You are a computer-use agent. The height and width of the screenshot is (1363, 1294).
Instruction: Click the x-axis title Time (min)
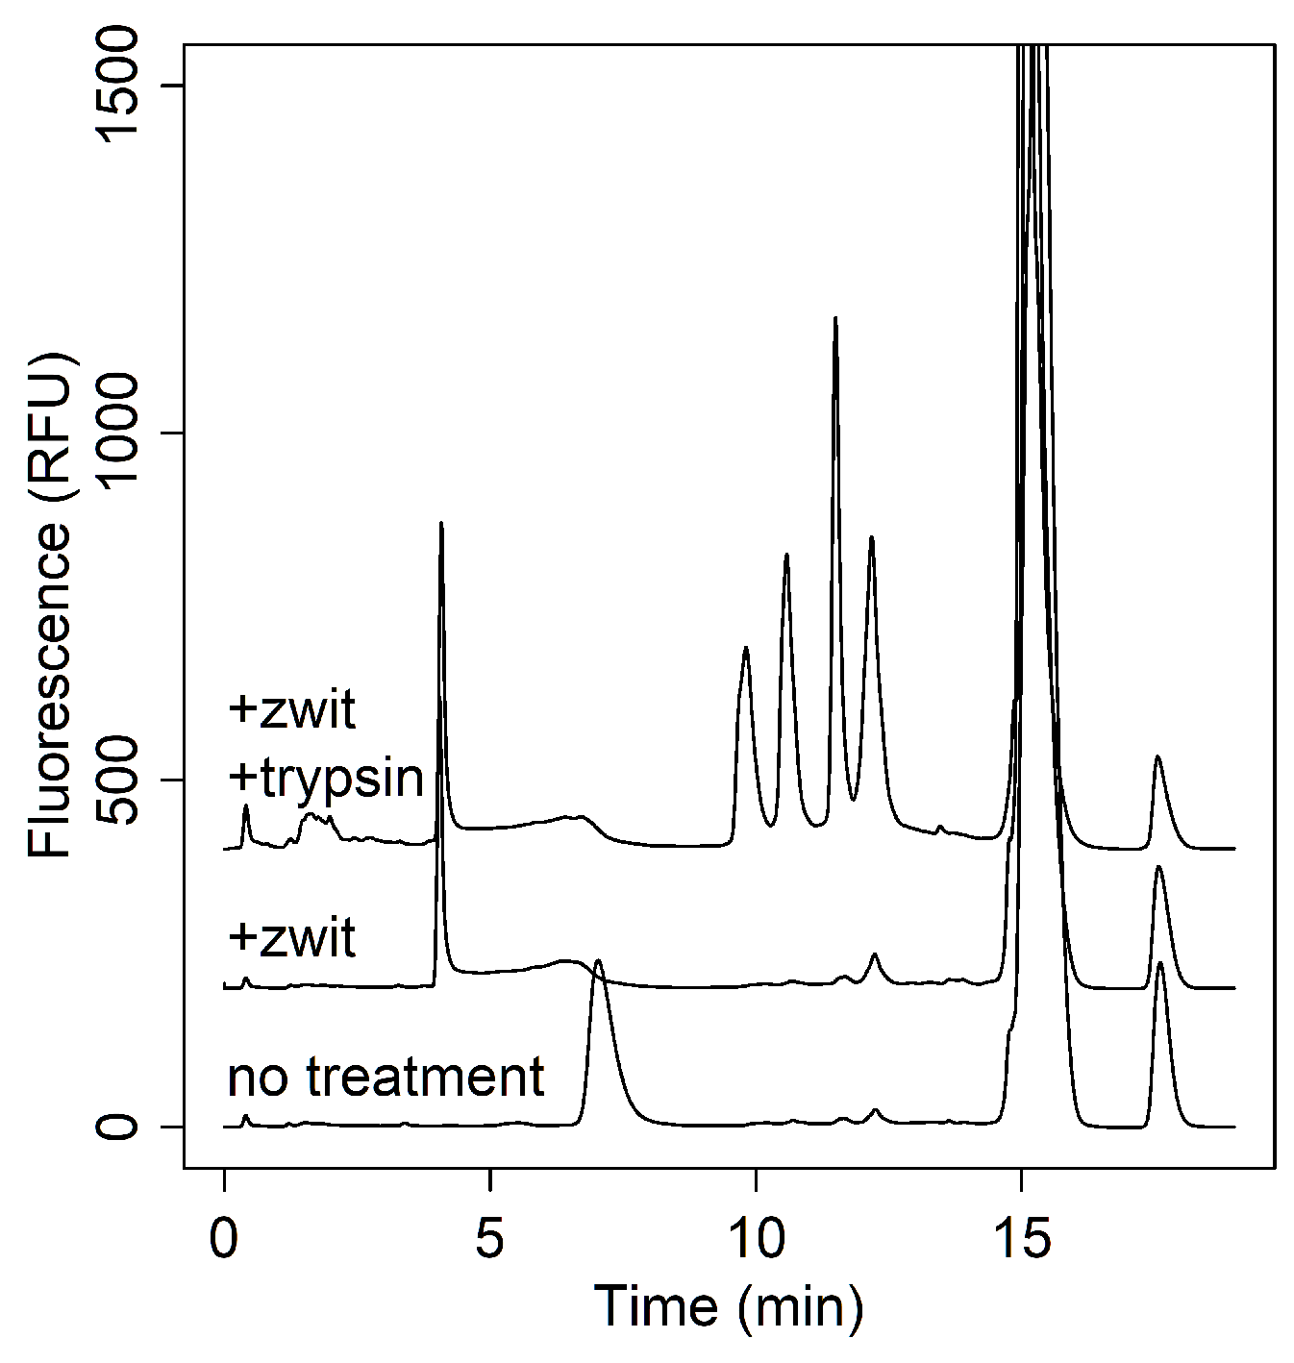click(x=728, y=1306)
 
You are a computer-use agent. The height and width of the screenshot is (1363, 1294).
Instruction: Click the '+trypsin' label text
click(x=327, y=779)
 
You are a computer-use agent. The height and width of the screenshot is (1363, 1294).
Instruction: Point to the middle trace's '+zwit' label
click(x=293, y=937)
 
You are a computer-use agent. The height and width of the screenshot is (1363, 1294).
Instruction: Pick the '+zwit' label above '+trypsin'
click(x=293, y=711)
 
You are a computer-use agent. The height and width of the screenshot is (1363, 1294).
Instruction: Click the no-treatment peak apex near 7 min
click(x=598, y=960)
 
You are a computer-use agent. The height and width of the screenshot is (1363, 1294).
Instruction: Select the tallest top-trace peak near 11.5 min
click(x=835, y=317)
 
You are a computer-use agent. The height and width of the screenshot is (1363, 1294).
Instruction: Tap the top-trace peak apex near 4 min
click(x=440, y=523)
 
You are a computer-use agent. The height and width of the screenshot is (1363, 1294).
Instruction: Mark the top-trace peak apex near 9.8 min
click(x=746, y=648)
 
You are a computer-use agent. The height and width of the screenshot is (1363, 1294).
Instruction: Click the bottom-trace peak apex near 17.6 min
click(x=1160, y=962)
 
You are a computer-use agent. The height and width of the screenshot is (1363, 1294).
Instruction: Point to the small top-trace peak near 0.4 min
click(x=246, y=805)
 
